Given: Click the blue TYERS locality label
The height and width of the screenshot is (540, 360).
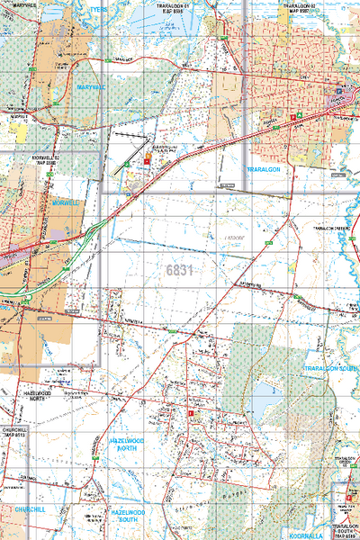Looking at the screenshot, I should tap(98, 8).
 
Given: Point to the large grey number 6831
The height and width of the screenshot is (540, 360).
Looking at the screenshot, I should tap(181, 269).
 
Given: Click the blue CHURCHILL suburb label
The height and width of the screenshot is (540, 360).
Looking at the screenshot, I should tap(30, 508).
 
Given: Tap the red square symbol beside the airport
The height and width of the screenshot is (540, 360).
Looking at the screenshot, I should tap(147, 159).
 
